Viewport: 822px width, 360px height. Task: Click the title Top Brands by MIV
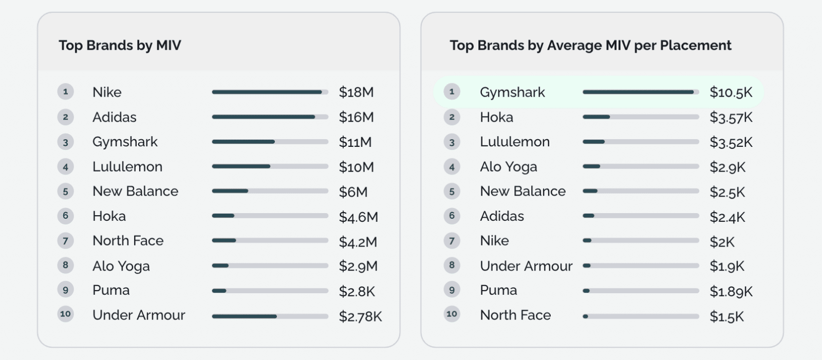[120, 46]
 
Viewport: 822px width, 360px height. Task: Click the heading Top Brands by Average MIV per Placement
[590, 46]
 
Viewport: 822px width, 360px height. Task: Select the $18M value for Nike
[356, 92]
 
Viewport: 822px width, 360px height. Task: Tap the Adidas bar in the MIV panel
[270, 117]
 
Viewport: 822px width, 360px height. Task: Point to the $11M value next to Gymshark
[355, 142]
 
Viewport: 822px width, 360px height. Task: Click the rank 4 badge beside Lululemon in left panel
[65, 167]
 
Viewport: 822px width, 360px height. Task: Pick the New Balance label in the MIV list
[135, 192]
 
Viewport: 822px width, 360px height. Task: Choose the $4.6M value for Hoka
[358, 217]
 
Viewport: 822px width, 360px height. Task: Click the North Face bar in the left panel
[270, 240]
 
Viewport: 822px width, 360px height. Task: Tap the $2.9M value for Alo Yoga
[358, 266]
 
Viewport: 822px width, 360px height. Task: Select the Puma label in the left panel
[111, 290]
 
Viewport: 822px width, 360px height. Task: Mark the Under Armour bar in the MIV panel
[270, 316]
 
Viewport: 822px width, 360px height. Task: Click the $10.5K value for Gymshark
[731, 92]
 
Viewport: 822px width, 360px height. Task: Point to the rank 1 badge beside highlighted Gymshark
[452, 92]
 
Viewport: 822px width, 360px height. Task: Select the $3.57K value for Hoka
[731, 118]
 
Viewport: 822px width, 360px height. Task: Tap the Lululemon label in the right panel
[514, 142]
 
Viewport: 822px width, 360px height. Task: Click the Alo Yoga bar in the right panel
[641, 166]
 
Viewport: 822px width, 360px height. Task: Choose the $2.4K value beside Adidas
[727, 217]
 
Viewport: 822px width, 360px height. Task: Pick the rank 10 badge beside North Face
[452, 314]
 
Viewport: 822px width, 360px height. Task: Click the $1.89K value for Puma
[731, 291]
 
